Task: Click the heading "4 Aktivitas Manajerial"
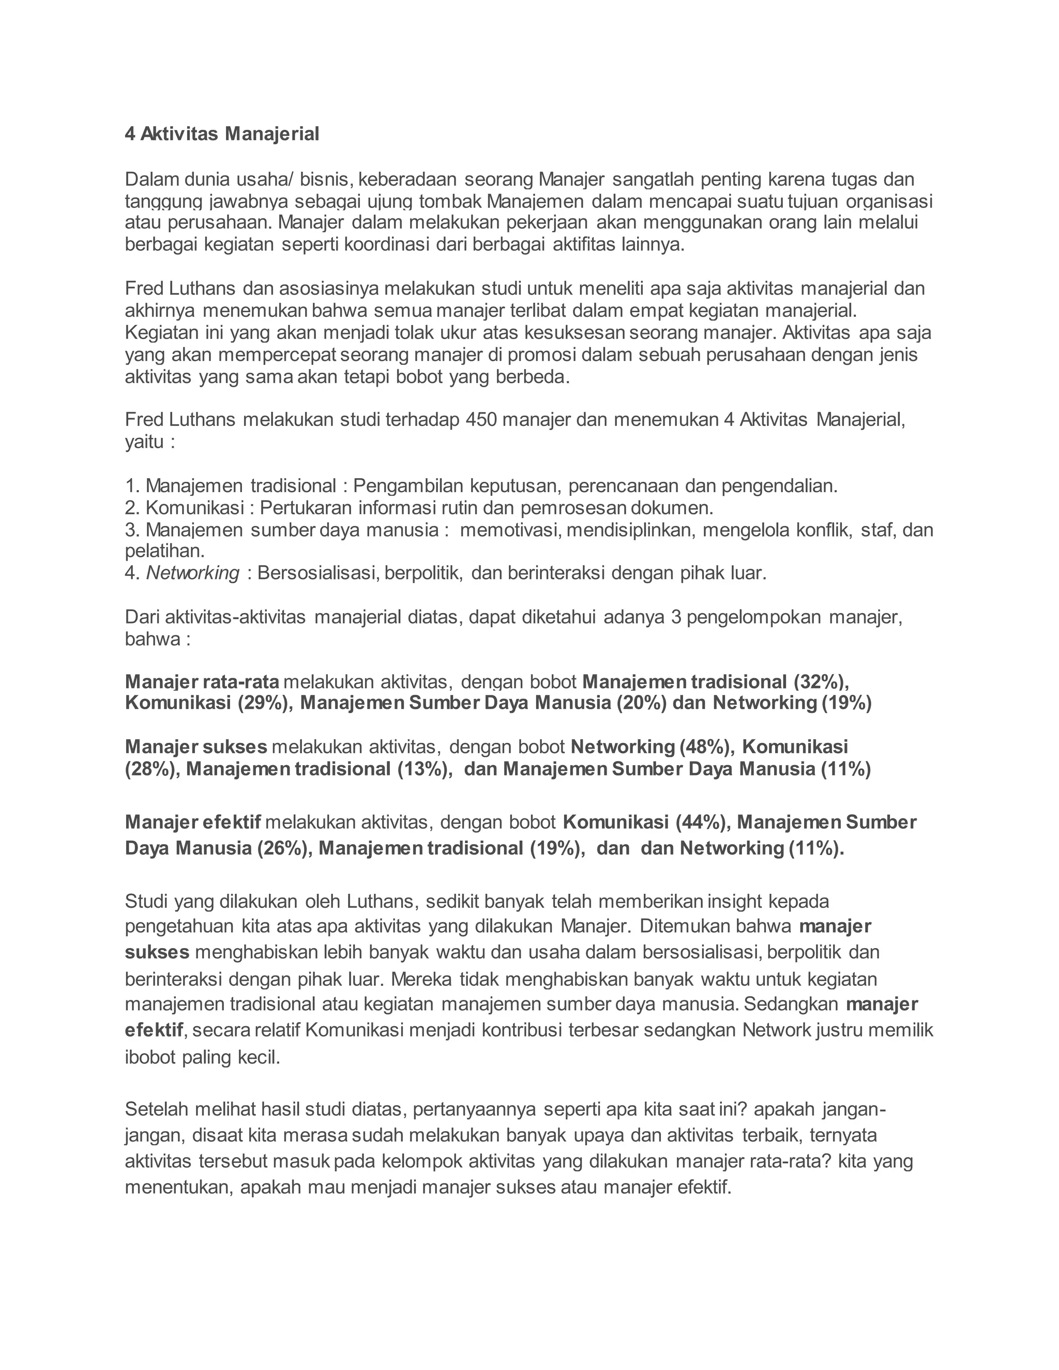coord(222,133)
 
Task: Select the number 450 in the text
coord(481,419)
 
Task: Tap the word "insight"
coord(733,902)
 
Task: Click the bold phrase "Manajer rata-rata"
coord(202,681)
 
